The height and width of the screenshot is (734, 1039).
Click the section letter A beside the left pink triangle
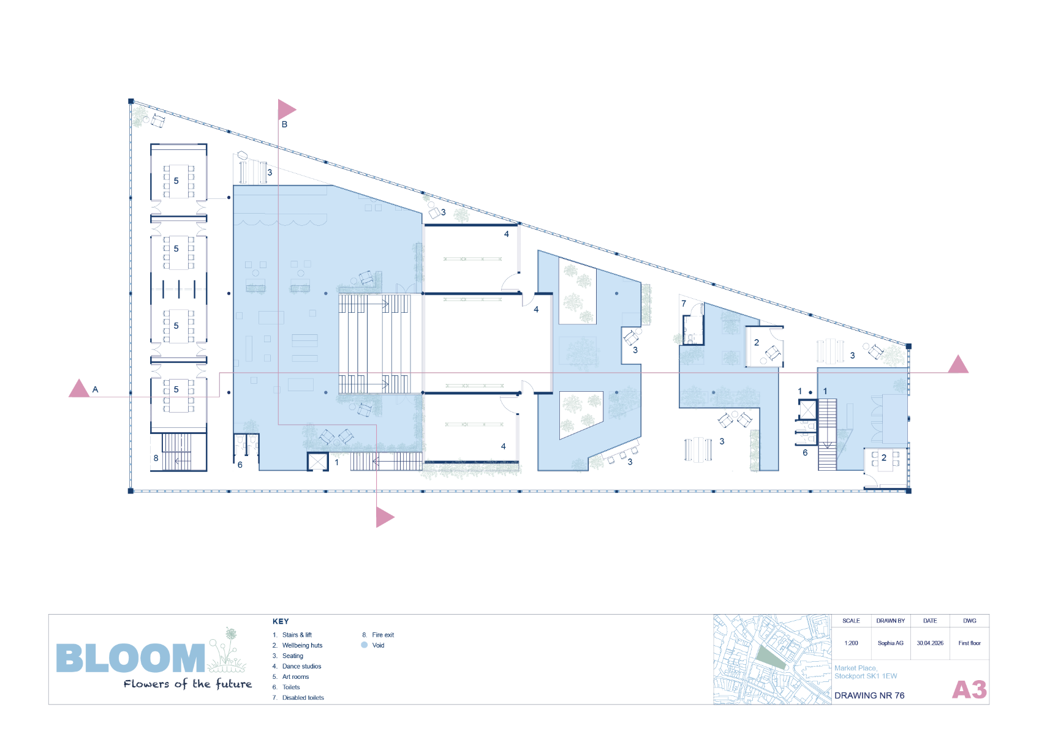(x=95, y=390)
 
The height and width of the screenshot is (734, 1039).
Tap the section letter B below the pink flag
(x=284, y=125)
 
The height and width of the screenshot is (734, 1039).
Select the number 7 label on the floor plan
(x=683, y=304)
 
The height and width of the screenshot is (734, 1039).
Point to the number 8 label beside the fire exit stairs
(x=156, y=459)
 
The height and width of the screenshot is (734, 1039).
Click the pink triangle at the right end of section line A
(x=958, y=365)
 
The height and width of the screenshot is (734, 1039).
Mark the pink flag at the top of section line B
(x=286, y=110)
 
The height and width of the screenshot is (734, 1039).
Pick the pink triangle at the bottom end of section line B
(x=385, y=517)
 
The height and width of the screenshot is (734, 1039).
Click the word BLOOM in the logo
(x=130, y=658)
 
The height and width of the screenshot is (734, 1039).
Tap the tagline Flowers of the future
(x=187, y=684)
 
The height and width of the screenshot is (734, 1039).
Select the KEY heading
(x=281, y=621)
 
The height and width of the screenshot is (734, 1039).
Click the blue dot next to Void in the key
(x=364, y=645)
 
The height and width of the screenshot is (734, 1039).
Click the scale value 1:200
(x=851, y=643)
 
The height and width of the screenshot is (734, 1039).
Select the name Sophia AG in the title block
(x=891, y=643)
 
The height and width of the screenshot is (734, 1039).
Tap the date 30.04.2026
(x=930, y=643)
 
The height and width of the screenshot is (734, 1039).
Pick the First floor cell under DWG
(x=969, y=643)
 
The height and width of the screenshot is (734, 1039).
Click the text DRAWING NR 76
(x=869, y=695)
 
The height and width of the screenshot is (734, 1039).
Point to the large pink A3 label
(x=969, y=690)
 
